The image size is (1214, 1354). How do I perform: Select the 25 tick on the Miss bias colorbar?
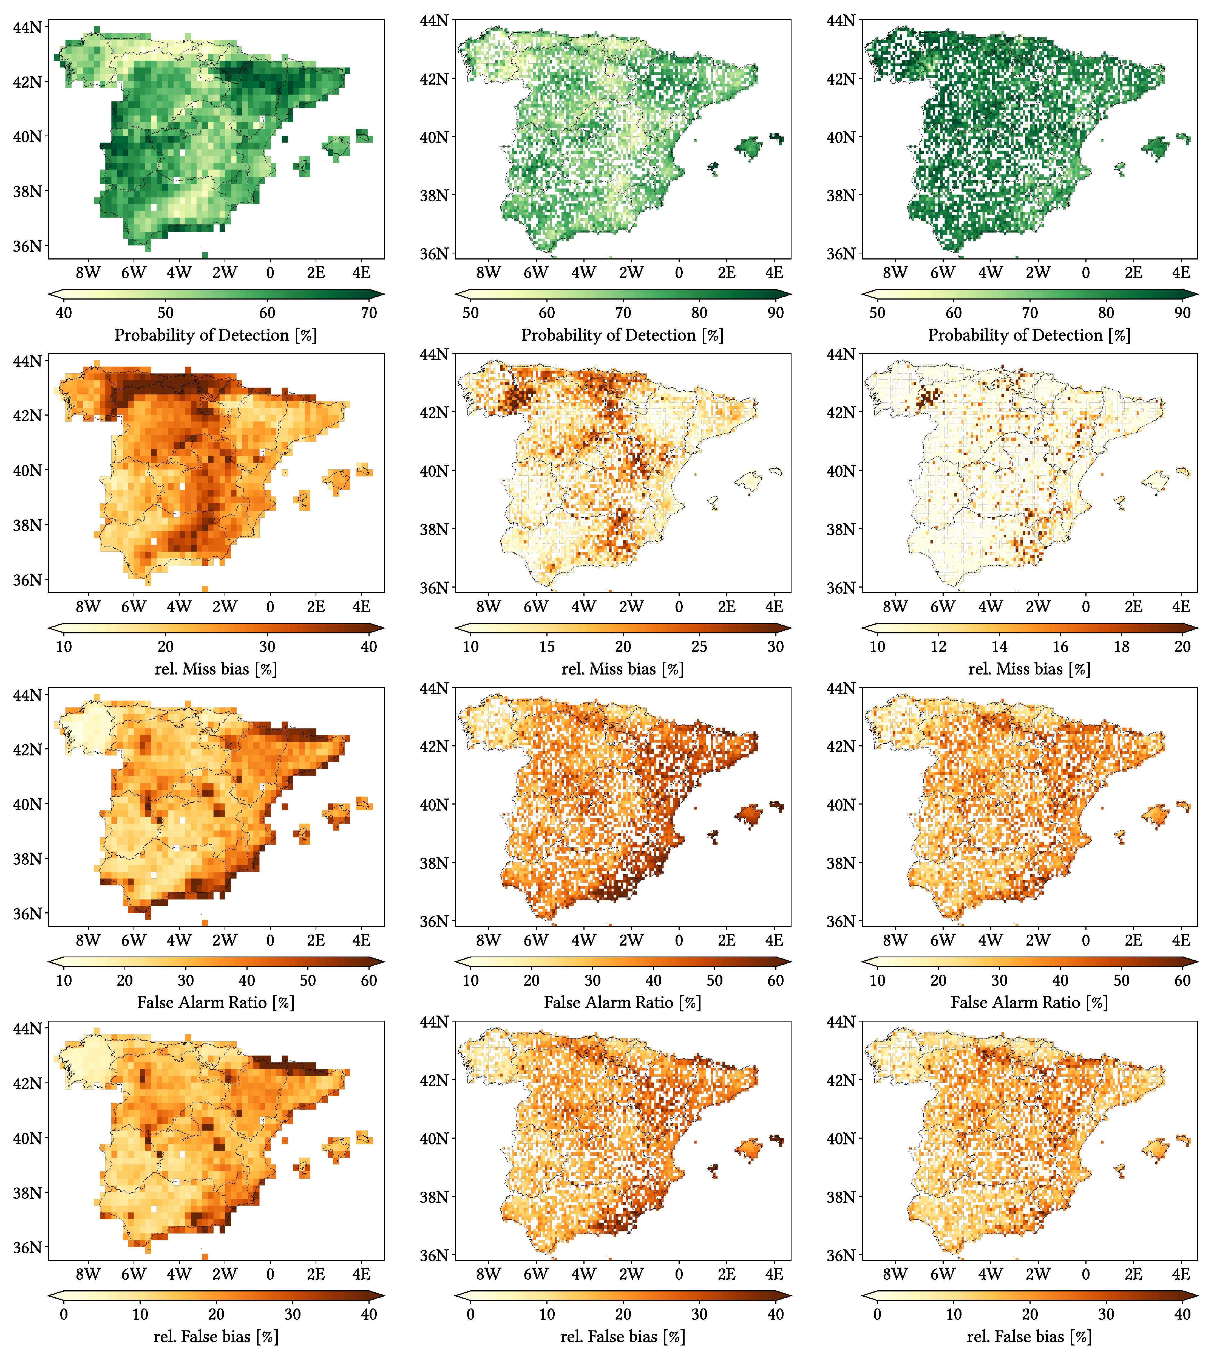point(699,646)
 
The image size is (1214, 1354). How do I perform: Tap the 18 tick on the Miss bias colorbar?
point(1121,646)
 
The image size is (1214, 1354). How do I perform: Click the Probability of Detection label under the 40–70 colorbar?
point(215,335)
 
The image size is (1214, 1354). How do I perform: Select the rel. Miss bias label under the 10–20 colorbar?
point(1029,669)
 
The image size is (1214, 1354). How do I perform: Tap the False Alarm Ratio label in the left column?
point(215,1002)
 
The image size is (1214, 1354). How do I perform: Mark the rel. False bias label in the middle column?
point(622,1337)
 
